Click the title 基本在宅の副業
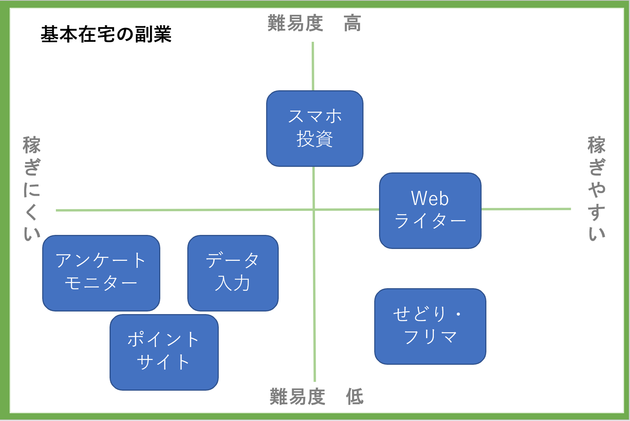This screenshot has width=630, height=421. pyautogui.click(x=106, y=34)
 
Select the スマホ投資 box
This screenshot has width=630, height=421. pyautogui.click(x=315, y=128)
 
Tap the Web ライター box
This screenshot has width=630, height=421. pyautogui.click(x=430, y=210)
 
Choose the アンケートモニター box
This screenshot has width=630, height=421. pyautogui.click(x=101, y=273)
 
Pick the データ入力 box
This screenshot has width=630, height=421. pyautogui.click(x=233, y=273)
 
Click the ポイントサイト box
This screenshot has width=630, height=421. pyautogui.click(x=164, y=352)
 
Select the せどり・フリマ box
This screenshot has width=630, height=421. pyautogui.click(x=430, y=326)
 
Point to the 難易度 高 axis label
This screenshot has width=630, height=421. pyautogui.click(x=314, y=23)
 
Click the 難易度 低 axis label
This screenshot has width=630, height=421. pyautogui.click(x=316, y=397)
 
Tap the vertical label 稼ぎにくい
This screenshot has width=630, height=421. pyautogui.click(x=31, y=189)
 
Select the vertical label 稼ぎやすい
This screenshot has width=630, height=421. pyautogui.click(x=596, y=189)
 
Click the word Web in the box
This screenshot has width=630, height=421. pyautogui.click(x=430, y=199)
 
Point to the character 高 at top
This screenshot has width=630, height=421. pyautogui.click(x=352, y=23)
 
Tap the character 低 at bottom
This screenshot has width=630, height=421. pyautogui.click(x=355, y=397)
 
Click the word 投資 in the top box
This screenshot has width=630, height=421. pyautogui.click(x=315, y=139)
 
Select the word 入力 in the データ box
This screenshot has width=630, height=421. pyautogui.click(x=233, y=283)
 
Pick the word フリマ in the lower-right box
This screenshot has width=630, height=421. pyautogui.click(x=430, y=337)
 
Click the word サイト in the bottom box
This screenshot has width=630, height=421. pyautogui.click(x=163, y=362)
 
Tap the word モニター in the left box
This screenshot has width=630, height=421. pyautogui.click(x=101, y=283)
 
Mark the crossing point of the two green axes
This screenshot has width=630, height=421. pyautogui.click(x=314, y=209)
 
